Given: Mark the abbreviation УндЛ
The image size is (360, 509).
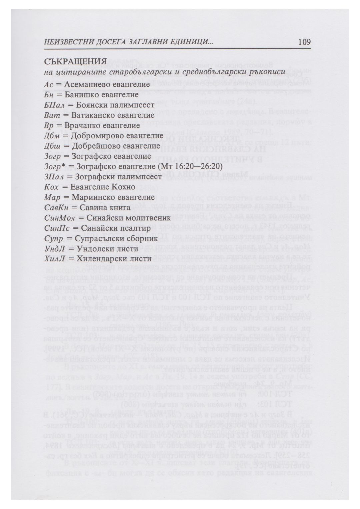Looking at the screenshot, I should coord(54,249).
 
